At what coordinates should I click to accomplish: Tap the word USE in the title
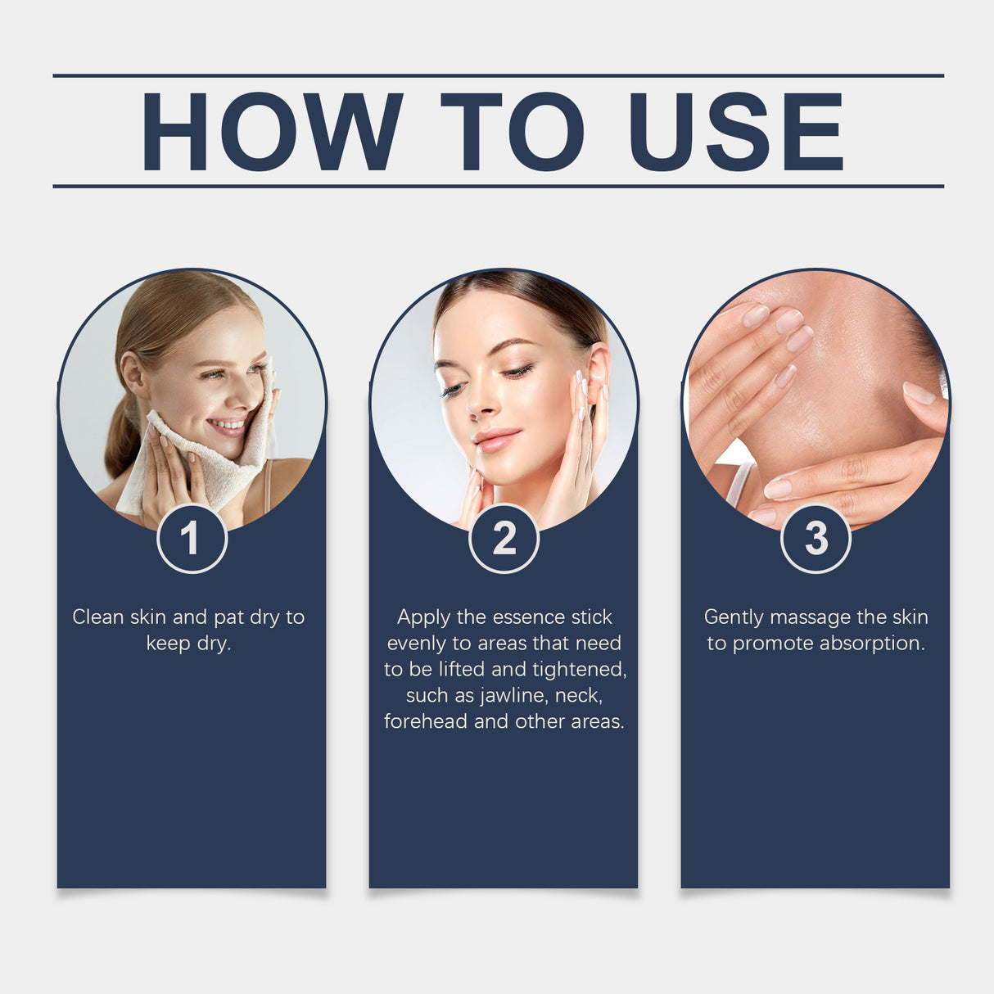(x=735, y=131)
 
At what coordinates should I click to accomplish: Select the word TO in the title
(x=512, y=131)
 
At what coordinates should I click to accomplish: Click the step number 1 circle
(x=192, y=538)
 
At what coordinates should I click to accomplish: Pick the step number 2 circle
(x=504, y=538)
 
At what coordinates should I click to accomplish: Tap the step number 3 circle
(x=816, y=538)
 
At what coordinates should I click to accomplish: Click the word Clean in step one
(x=98, y=617)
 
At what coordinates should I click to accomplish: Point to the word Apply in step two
(x=423, y=617)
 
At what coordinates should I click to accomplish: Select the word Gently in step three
(x=734, y=617)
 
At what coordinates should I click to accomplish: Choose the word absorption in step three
(x=872, y=644)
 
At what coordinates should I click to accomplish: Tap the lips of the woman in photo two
(x=496, y=441)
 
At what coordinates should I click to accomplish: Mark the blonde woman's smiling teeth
(x=228, y=426)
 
